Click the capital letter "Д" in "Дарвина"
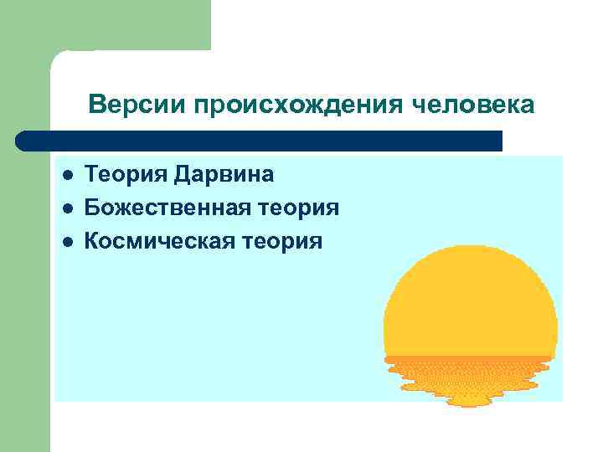(x=184, y=175)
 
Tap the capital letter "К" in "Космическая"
(x=93, y=242)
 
